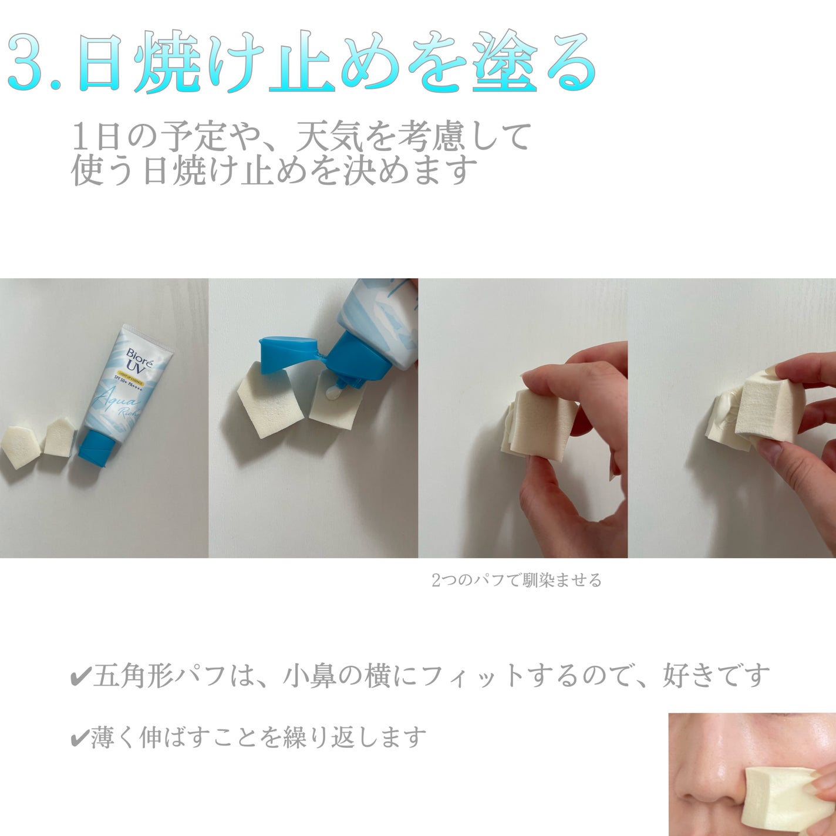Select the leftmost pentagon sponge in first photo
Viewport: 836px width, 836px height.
click(x=19, y=447)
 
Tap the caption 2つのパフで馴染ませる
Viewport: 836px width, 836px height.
click(x=516, y=581)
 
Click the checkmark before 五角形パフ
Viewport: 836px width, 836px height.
click(x=79, y=677)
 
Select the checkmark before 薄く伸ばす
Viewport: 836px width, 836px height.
click(x=79, y=738)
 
